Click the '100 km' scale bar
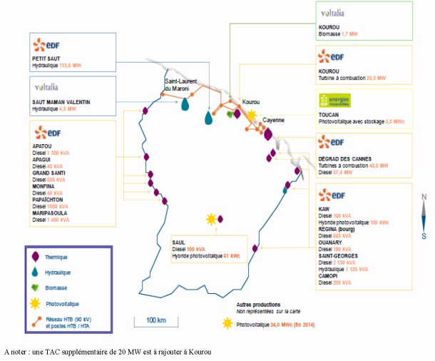pos(156,319)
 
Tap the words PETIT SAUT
pos(48,58)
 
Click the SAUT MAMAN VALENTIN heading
pos(61,102)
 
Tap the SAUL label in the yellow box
pos(179,242)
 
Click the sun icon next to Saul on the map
pos(211,218)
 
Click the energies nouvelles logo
pos(334,101)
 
